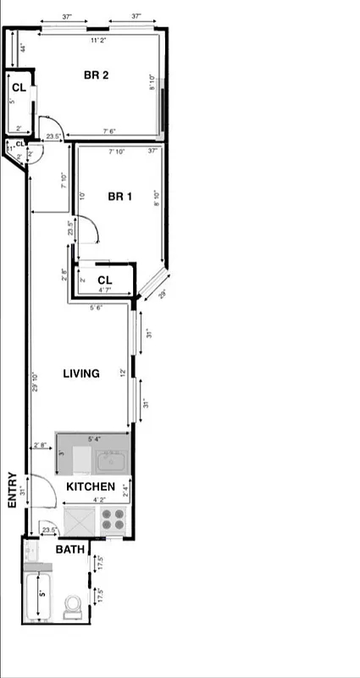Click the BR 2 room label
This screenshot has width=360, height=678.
tap(96, 75)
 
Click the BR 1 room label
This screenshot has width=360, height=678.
tap(120, 197)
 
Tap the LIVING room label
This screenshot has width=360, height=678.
tap(81, 374)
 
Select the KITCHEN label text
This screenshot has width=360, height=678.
tap(91, 486)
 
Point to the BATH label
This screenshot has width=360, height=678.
tap(69, 550)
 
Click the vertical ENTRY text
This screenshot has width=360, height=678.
tap(13, 490)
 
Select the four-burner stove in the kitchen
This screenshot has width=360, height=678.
tap(114, 519)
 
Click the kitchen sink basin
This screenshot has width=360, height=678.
tap(112, 463)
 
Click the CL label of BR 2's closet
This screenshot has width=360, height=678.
tap(18, 86)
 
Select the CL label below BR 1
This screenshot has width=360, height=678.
tap(104, 280)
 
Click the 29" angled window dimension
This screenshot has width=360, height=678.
tap(161, 294)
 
